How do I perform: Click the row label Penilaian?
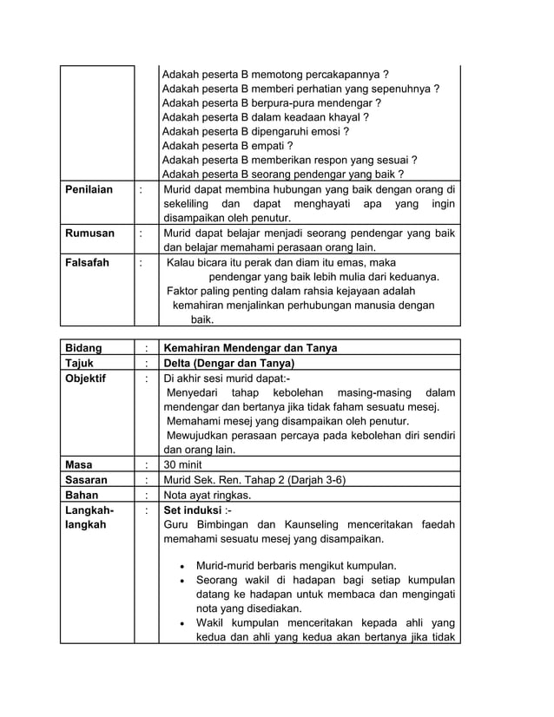pyautogui.click(x=89, y=189)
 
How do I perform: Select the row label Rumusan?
pyautogui.click(x=89, y=234)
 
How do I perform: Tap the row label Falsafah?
pyautogui.click(x=88, y=263)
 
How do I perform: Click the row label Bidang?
pyautogui.click(x=84, y=348)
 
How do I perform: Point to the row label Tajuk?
pyautogui.click(x=81, y=363)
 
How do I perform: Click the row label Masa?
pyautogui.click(x=80, y=464)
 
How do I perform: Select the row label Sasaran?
pyautogui.click(x=87, y=480)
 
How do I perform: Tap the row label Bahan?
pyautogui.click(x=82, y=495)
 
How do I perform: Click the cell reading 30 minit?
pyautogui.click(x=183, y=464)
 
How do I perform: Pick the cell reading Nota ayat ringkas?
pyautogui.click(x=208, y=495)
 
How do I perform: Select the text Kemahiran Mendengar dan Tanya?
pyautogui.click(x=251, y=348)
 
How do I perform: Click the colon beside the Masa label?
pyautogui.click(x=146, y=464)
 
